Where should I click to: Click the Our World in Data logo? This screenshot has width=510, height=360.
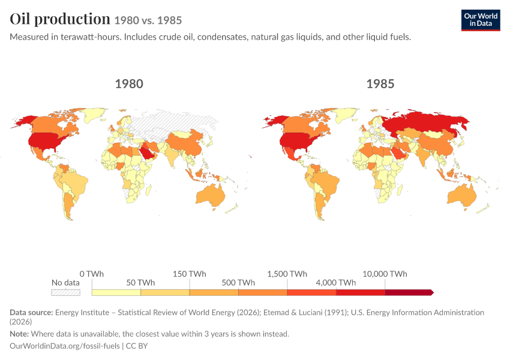481,20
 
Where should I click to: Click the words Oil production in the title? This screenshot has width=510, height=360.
60,19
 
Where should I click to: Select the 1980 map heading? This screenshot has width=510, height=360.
129,84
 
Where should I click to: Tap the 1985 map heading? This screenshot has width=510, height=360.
380,84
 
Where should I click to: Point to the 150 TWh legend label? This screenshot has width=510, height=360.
189,274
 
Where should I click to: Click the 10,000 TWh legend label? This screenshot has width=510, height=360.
385,274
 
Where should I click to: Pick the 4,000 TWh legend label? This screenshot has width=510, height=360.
335,283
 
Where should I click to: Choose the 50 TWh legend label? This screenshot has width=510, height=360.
140,283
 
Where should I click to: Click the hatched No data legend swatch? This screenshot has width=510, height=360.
66,292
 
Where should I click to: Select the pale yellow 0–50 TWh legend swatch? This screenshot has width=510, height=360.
116,292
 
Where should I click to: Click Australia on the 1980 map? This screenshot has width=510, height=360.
211,195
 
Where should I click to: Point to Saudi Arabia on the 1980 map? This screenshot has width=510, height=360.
148,152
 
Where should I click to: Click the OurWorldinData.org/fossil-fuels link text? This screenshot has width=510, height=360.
65,346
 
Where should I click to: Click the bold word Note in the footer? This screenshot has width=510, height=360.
19,334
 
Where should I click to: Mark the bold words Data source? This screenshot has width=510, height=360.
31,312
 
